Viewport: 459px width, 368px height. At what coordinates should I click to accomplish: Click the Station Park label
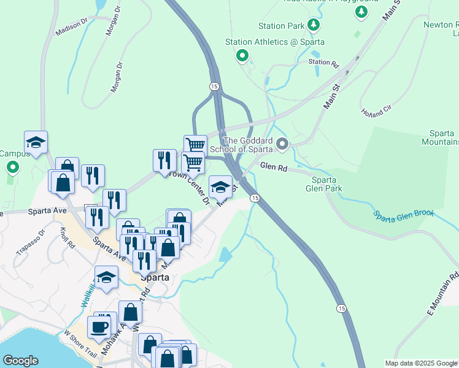tap(281, 26)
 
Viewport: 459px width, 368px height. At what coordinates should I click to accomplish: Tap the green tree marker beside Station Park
tap(314, 25)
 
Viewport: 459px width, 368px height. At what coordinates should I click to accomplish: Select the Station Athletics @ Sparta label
tap(274, 42)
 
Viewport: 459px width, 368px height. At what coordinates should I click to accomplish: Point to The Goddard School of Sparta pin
tap(282, 145)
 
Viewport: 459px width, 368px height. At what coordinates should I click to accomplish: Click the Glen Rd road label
tap(274, 166)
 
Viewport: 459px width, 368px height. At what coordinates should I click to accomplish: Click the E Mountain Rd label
tap(443, 294)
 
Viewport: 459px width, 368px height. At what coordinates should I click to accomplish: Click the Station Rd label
tap(324, 62)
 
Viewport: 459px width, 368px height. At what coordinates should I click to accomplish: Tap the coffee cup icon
tap(99, 326)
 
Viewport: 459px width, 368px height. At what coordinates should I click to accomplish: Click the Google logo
tap(20, 361)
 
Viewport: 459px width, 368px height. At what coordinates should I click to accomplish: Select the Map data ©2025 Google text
tap(421, 363)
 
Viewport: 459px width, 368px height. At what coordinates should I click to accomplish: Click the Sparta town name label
tap(155, 277)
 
